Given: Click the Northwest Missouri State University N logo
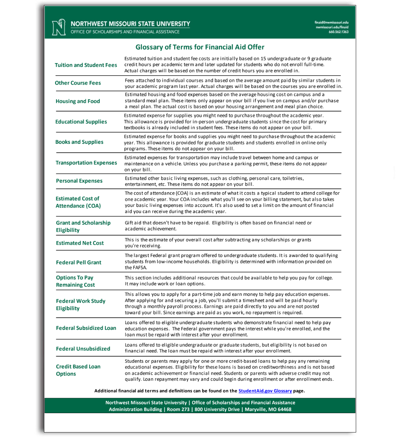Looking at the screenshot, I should (59, 27).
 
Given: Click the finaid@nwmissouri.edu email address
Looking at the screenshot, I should (331, 22).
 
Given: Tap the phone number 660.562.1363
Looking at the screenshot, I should (338, 32).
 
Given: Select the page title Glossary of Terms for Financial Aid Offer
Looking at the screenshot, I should (200, 47).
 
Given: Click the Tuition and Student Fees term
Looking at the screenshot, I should (86, 65).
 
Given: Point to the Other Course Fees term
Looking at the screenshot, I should (78, 83).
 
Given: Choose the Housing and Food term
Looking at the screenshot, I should (78, 101).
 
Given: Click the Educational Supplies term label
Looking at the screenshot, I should (81, 122).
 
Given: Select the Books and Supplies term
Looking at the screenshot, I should (79, 142).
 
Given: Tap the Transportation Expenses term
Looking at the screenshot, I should (86, 163).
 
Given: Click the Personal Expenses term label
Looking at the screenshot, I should (79, 181).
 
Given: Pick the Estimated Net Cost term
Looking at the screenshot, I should (80, 243).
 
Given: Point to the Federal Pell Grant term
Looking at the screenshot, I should (78, 262).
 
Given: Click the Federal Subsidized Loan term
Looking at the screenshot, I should (86, 328).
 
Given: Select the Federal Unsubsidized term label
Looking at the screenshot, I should (83, 349).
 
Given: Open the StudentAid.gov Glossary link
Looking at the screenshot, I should (265, 391).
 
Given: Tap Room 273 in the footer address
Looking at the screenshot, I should (178, 409).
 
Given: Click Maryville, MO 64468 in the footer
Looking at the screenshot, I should (268, 409).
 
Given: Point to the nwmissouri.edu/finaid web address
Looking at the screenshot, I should (332, 27).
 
